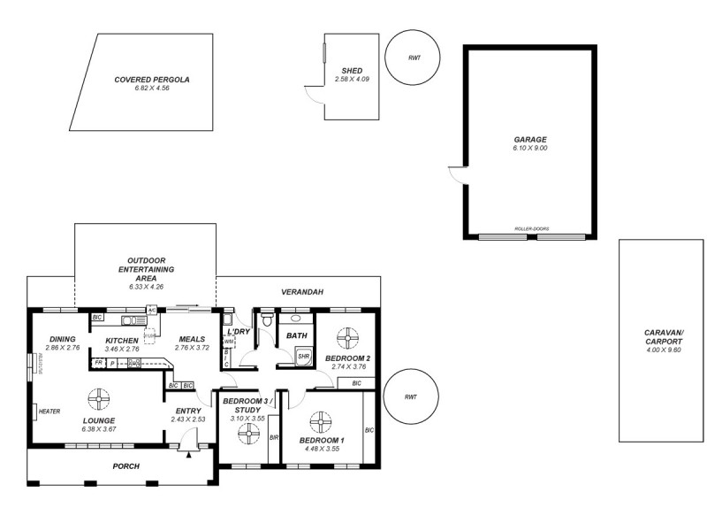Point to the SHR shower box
click(303, 357)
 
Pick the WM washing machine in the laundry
click(228, 341)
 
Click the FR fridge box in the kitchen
click(98, 363)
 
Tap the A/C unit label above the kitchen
click(152, 310)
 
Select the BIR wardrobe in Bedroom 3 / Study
click(274, 437)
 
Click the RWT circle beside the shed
click(414, 57)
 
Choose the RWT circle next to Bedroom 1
click(409, 397)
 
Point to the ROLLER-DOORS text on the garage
click(531, 229)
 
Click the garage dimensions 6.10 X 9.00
click(530, 149)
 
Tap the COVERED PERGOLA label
click(152, 79)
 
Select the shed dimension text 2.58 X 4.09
click(352, 80)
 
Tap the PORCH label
click(125, 466)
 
